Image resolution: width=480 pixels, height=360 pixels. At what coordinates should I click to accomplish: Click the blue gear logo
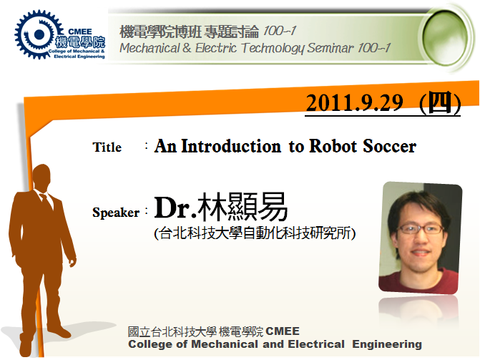(39, 34)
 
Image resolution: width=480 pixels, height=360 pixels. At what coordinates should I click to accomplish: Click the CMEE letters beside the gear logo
(80, 31)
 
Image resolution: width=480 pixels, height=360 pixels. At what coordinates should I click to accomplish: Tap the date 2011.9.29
(355, 103)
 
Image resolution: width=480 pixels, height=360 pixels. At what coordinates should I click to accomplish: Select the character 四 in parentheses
(440, 102)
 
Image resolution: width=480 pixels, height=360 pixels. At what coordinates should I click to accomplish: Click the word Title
(107, 147)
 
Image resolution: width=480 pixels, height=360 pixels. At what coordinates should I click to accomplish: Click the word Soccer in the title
(389, 146)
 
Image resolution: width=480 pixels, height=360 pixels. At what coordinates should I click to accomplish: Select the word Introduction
(231, 146)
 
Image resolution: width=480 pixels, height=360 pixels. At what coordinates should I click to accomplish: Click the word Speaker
(116, 213)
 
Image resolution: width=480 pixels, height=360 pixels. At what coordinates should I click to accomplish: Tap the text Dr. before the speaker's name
(175, 208)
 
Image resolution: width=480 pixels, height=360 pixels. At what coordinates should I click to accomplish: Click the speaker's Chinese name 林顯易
(243, 207)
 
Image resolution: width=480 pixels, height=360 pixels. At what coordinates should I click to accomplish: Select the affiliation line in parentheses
(255, 233)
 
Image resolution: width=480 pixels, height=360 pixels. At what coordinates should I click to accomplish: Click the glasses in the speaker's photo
(421, 229)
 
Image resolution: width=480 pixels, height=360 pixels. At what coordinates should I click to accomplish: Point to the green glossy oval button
(446, 37)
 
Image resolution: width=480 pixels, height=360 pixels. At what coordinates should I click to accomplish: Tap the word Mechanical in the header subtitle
(150, 48)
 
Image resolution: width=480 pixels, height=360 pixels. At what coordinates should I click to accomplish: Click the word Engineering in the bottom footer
(387, 344)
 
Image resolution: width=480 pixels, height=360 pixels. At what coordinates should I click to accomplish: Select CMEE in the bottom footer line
(283, 331)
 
